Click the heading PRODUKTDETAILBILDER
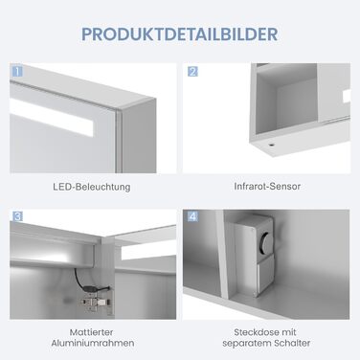[180, 34]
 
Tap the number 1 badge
[17, 71]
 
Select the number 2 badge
[192, 71]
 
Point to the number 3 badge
[17, 216]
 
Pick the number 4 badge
[192, 216]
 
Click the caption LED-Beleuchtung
[92, 187]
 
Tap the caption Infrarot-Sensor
[267, 186]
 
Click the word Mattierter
[91, 332]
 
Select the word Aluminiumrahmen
[93, 344]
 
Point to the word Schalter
[292, 344]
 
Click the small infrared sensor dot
[271, 145]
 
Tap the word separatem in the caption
[246, 344]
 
